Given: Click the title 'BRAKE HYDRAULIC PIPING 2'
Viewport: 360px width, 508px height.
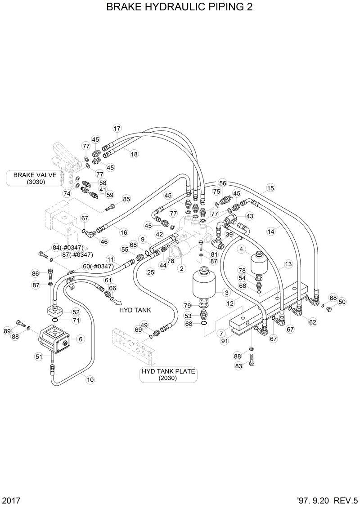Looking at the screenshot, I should click(x=179, y=8).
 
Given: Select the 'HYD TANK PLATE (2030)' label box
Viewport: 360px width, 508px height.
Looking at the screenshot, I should click(x=168, y=374).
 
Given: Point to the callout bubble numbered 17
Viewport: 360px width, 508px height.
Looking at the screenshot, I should click(x=117, y=128).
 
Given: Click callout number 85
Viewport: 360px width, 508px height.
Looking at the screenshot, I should click(x=126, y=199).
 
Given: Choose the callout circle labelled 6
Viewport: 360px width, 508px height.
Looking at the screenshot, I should click(x=81, y=339).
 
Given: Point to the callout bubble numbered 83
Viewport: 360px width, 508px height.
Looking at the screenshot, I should click(x=239, y=366).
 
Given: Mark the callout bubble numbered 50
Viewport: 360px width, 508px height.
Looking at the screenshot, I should click(x=342, y=302).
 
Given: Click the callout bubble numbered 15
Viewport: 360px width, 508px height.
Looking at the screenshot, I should click(x=270, y=188).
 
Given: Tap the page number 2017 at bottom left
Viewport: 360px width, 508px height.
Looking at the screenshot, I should click(x=11, y=500).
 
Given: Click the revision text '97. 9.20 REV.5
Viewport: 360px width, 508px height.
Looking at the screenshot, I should click(x=327, y=500).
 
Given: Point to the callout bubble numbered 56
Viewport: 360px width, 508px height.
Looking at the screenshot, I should click(x=222, y=183).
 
